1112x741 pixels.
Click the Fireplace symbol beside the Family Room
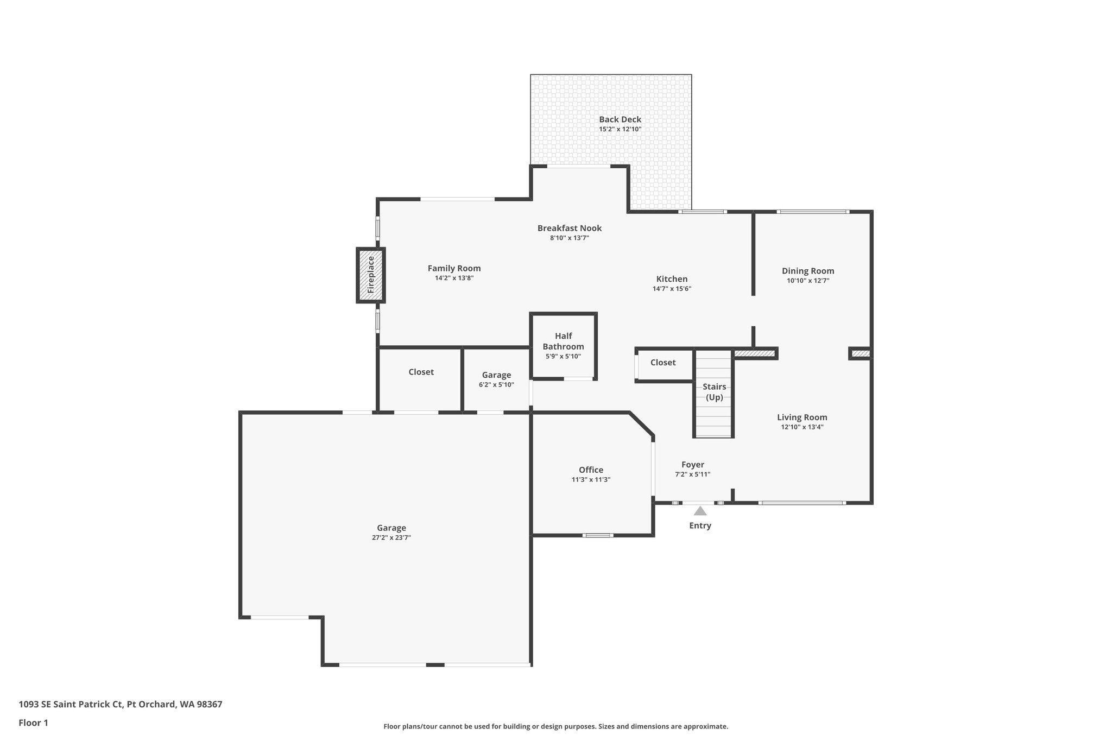click(x=371, y=275)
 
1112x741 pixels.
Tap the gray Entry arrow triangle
click(x=700, y=511)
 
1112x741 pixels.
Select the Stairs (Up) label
click(x=714, y=391)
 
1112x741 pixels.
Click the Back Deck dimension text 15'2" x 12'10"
click(x=620, y=129)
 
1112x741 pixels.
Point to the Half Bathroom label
click(x=563, y=341)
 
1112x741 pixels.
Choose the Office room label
click(x=591, y=470)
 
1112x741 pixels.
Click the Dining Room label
click(x=808, y=271)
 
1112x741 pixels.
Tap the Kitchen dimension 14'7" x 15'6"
click(x=672, y=289)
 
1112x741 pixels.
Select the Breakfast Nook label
click(x=570, y=228)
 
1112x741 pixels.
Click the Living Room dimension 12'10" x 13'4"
click(x=802, y=427)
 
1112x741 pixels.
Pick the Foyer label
click(x=693, y=465)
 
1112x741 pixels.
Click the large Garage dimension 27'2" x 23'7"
click(x=391, y=537)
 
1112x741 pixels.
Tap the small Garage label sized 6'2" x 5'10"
click(x=496, y=375)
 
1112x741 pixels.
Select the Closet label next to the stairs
click(x=663, y=363)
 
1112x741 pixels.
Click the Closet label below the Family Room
click(x=421, y=372)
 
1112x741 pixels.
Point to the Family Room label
click(x=454, y=268)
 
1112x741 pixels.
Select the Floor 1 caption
click(x=33, y=723)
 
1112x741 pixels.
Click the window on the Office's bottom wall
click(x=598, y=535)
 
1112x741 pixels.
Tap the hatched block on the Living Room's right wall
click(x=860, y=354)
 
